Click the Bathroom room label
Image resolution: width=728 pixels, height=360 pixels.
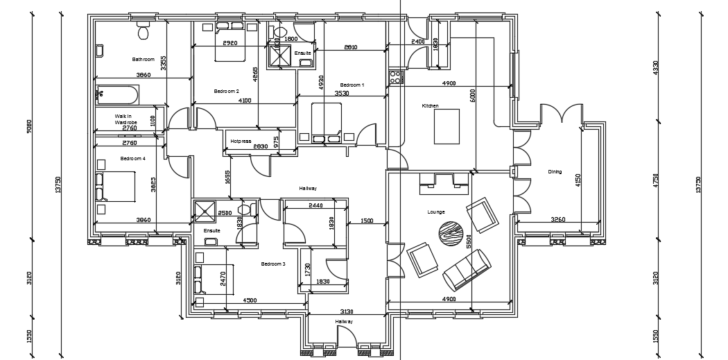click(143, 60)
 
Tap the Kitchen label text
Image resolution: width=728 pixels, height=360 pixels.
click(431, 106)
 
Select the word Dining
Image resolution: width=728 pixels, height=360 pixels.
click(555, 172)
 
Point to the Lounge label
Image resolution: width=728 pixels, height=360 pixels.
click(436, 212)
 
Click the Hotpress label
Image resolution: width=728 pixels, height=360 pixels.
click(241, 141)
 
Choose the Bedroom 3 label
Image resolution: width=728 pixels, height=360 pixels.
click(273, 264)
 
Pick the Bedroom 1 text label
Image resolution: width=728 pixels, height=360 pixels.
click(352, 85)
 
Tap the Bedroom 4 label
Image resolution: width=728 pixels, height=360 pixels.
click(132, 159)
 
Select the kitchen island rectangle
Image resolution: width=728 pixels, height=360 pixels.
click(447, 126)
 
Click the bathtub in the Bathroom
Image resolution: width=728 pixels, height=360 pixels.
click(118, 94)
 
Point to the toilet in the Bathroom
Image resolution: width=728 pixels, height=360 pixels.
click(144, 31)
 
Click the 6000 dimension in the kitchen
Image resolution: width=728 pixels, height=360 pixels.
click(473, 96)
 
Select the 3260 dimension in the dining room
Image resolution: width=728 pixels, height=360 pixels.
click(557, 220)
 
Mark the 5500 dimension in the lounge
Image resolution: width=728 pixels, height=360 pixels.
click(469, 241)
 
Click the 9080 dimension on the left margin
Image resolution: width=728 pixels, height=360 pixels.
click(29, 126)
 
